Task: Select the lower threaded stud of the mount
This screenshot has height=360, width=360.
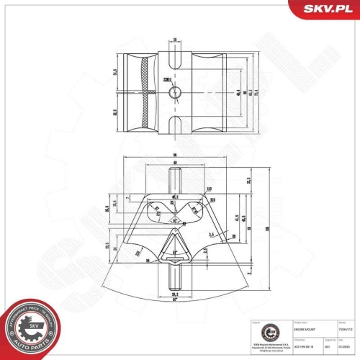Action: click(x=176, y=276)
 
